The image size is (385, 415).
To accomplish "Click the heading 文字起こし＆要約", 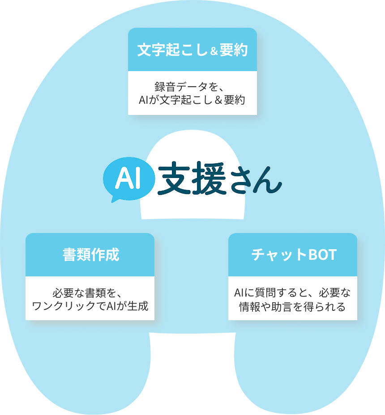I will (192, 50).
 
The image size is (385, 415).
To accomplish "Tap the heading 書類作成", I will (90, 255).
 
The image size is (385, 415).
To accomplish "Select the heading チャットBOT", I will (293, 255).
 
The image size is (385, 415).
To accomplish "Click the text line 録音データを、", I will (192, 86).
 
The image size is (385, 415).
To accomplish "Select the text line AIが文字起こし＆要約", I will (192, 99).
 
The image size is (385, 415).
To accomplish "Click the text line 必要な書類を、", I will (90, 293).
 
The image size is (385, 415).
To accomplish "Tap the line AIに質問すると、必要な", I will (292, 293).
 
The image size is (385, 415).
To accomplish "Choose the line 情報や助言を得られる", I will (292, 307).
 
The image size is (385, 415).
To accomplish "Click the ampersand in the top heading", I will (214, 51).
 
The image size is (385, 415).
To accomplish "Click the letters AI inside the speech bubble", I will (128, 178).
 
